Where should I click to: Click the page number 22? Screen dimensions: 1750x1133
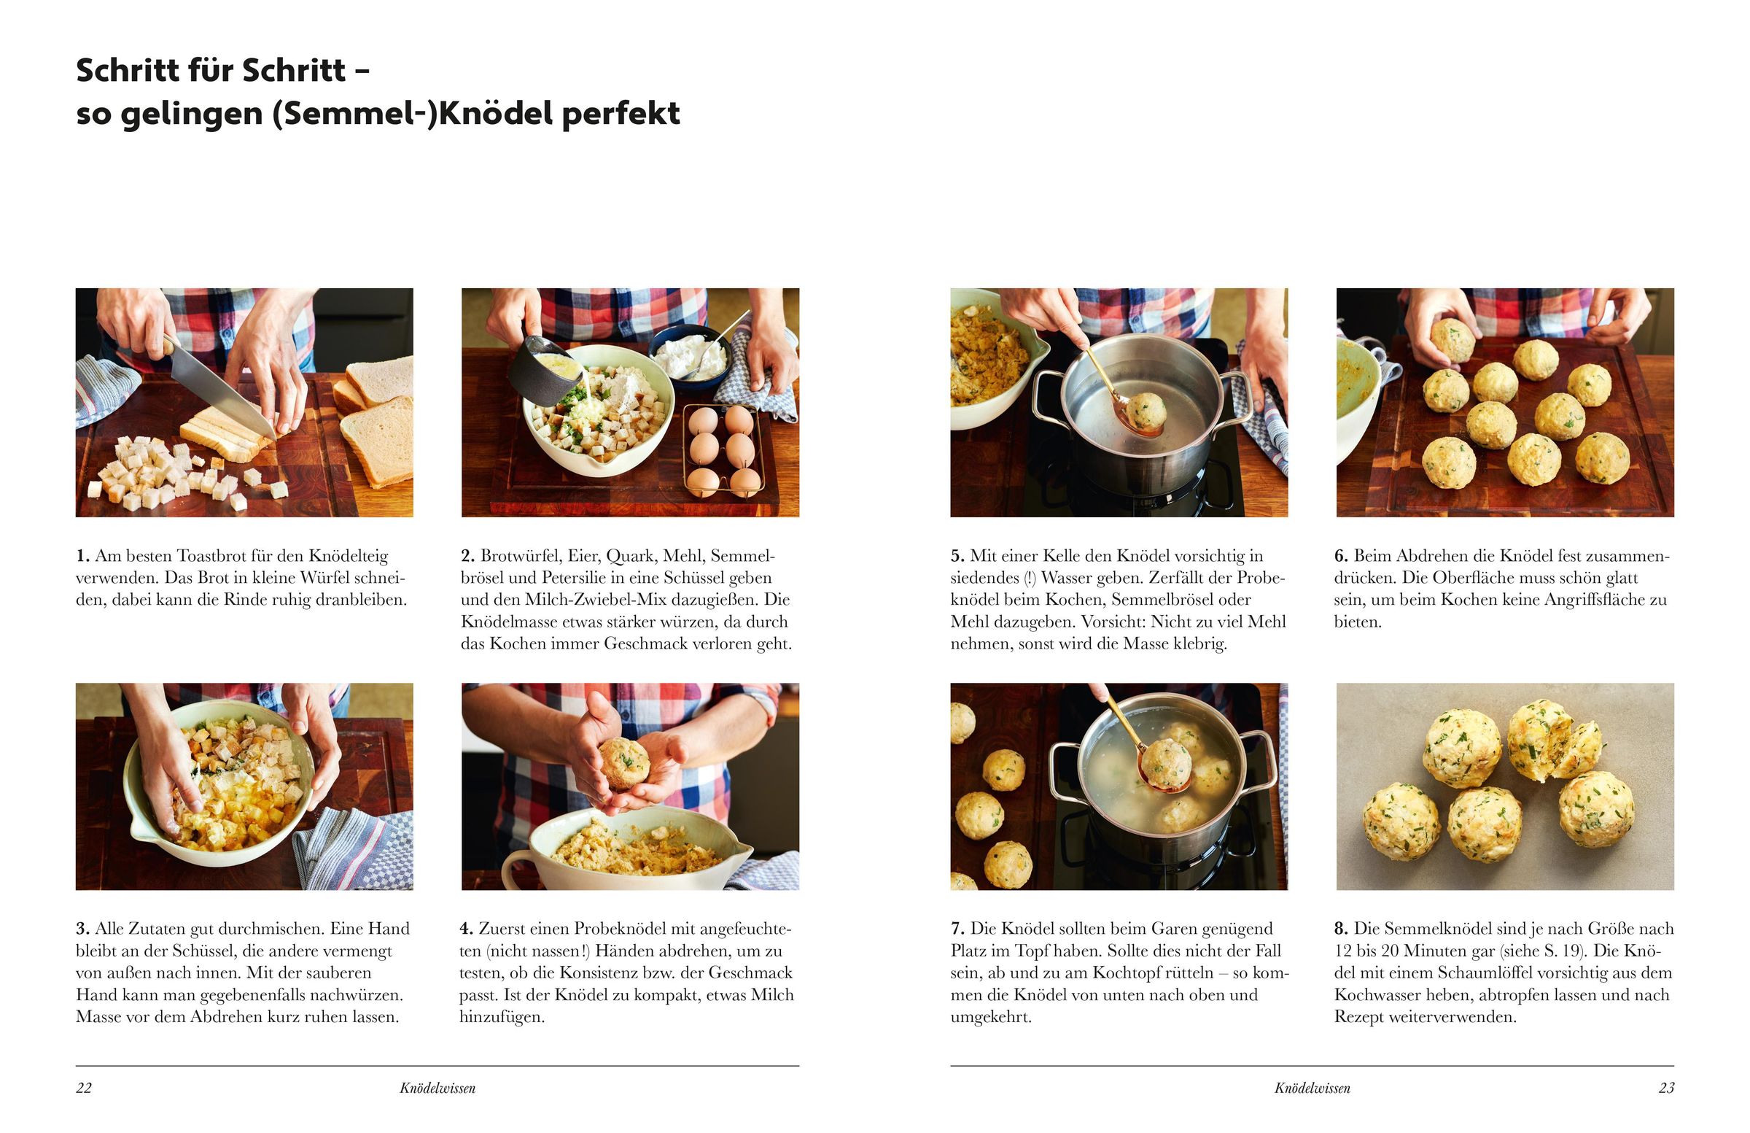(x=84, y=1088)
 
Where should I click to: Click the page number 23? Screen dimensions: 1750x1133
(x=1666, y=1088)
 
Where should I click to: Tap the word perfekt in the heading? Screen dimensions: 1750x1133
(x=621, y=114)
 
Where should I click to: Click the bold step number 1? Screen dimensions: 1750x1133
(x=82, y=556)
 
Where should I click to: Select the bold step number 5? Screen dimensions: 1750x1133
(x=957, y=556)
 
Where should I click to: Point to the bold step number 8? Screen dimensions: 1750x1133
(x=1341, y=929)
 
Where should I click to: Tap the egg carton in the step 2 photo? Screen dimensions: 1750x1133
(x=724, y=449)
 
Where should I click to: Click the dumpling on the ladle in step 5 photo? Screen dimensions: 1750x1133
(x=1146, y=411)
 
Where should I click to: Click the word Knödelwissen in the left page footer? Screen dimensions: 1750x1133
(x=437, y=1088)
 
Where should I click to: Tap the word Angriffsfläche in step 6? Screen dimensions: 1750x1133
(x=1592, y=600)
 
